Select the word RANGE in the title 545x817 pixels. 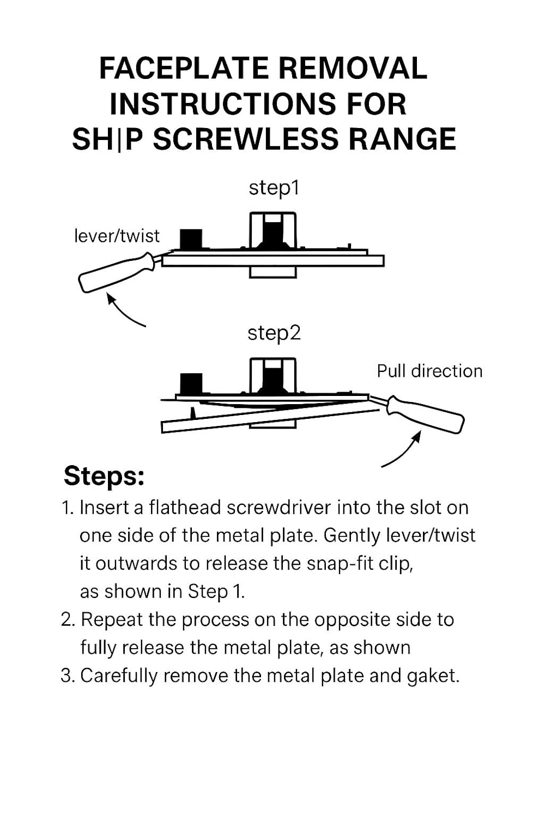pyautogui.click(x=402, y=139)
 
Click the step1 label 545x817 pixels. pyautogui.click(x=274, y=188)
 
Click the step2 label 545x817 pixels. pyautogui.click(x=274, y=333)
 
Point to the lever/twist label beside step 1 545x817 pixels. pyautogui.click(x=117, y=236)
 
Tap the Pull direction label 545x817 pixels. pyautogui.click(x=429, y=371)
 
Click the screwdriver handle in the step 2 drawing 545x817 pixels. pyautogui.click(x=427, y=415)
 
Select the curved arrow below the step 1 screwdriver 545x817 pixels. pyautogui.click(x=124, y=311)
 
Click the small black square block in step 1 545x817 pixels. pyautogui.click(x=191, y=239)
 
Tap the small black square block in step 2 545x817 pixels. pyautogui.click(x=191, y=383)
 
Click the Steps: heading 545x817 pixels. pyautogui.click(x=104, y=476)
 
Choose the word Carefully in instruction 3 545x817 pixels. pyautogui.click(x=119, y=676)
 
